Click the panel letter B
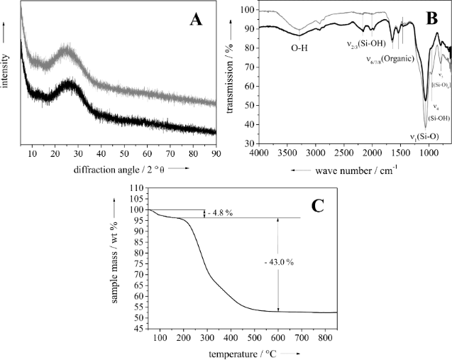tap(430, 18)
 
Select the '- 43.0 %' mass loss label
tap(279, 262)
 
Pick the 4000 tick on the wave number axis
tap(258, 153)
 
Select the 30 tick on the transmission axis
tap(246, 143)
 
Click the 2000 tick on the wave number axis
tap(372, 153)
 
